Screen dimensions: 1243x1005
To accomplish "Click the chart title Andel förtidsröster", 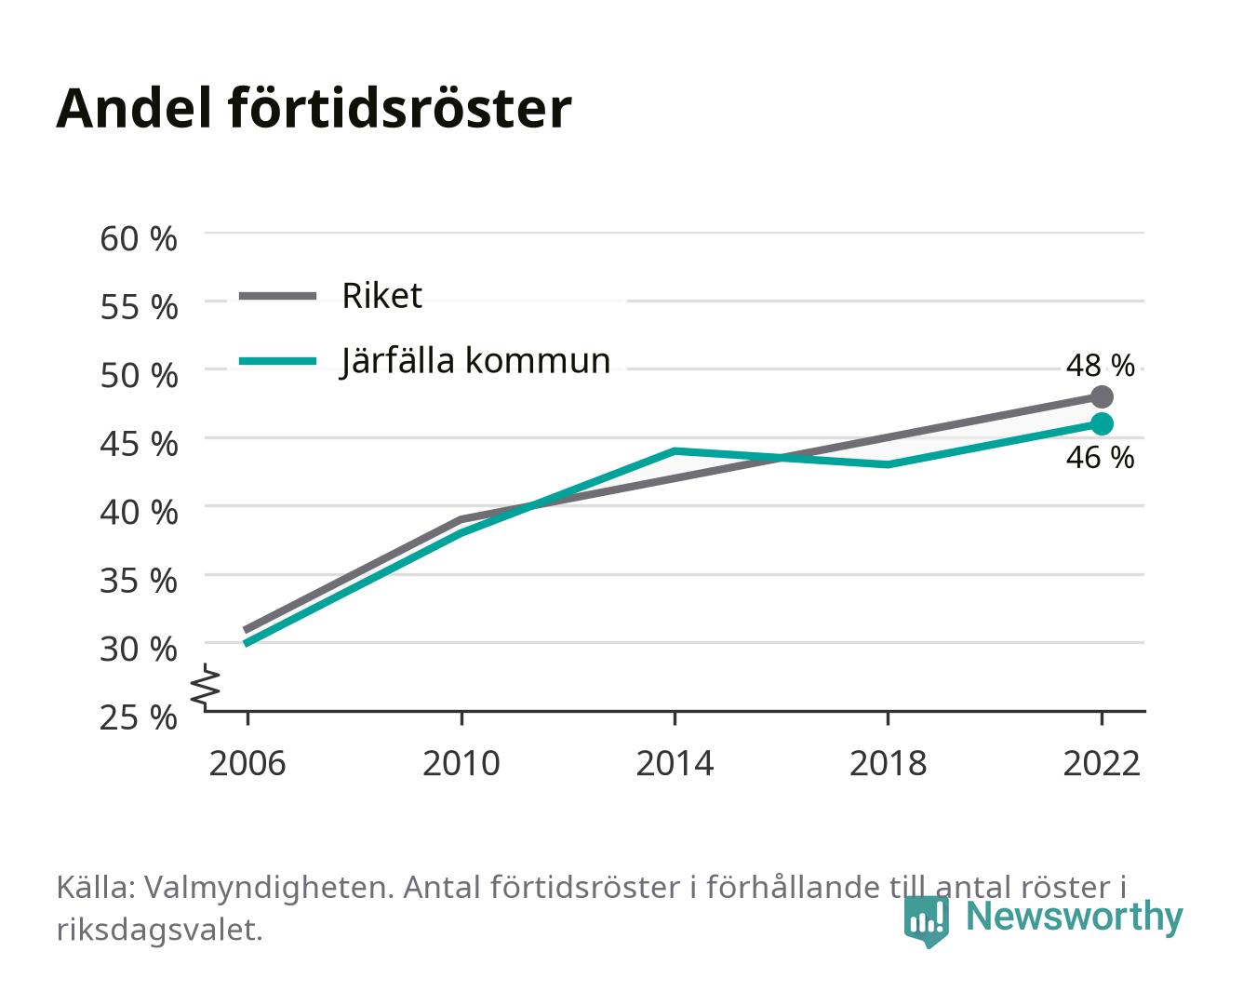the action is pos(314,109).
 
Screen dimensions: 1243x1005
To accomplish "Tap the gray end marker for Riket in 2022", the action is pos(1102,396).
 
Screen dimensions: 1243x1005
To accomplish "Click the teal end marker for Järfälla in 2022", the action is pos(1102,423).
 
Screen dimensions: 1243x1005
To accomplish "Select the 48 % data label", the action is pos(1100,366).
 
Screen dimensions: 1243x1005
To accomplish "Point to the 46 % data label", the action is pos(1100,457).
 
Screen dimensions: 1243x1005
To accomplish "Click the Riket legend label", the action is pos(381,295).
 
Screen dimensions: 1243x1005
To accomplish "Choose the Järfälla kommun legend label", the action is pos(475,361).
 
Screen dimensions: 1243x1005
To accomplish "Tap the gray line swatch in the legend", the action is pos(278,297).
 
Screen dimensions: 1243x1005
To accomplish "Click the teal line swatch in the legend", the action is pos(278,361).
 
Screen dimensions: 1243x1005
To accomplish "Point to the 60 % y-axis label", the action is pos(139,239).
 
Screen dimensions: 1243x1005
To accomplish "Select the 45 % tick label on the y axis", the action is pos(139,444).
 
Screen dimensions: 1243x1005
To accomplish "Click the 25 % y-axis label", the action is pos(139,717).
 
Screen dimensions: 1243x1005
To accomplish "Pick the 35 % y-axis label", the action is pos(139,581).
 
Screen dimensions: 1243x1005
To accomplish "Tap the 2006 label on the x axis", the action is pos(247,763).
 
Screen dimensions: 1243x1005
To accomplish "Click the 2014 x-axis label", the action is pos(675,763).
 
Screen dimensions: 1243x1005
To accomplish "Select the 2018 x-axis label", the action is pos(888,763).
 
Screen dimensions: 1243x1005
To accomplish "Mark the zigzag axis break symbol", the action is pos(206,687).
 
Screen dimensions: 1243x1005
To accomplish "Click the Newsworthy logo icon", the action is pos(927,921).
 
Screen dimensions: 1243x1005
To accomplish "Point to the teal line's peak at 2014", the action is pos(675,450).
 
